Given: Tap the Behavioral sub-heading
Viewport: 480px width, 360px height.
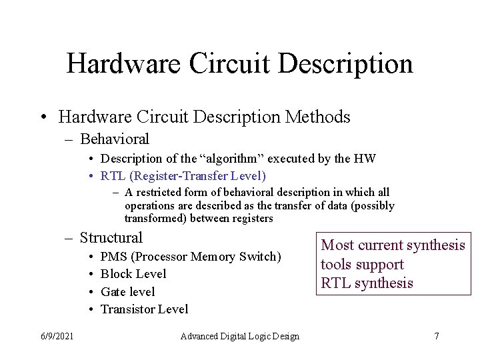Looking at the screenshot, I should pyautogui.click(x=114, y=139).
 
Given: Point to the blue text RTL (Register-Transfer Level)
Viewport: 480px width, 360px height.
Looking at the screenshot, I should pyautogui.click(x=183, y=176).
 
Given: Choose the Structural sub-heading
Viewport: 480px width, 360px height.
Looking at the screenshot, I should pyautogui.click(x=111, y=237).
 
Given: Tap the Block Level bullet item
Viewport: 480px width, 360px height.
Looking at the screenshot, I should pyautogui.click(x=133, y=274).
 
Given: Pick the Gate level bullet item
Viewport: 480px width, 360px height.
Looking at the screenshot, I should pyautogui.click(x=127, y=291).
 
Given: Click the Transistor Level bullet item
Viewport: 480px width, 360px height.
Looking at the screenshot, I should pyautogui.click(x=144, y=309).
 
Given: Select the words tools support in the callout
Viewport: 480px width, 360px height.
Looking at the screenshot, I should pyautogui.click(x=362, y=265).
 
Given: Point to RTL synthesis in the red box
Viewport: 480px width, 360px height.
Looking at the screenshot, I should pyautogui.click(x=367, y=283).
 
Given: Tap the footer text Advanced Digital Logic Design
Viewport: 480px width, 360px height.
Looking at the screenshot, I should pyautogui.click(x=239, y=336).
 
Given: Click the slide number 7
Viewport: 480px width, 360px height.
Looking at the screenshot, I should pyautogui.click(x=436, y=336).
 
